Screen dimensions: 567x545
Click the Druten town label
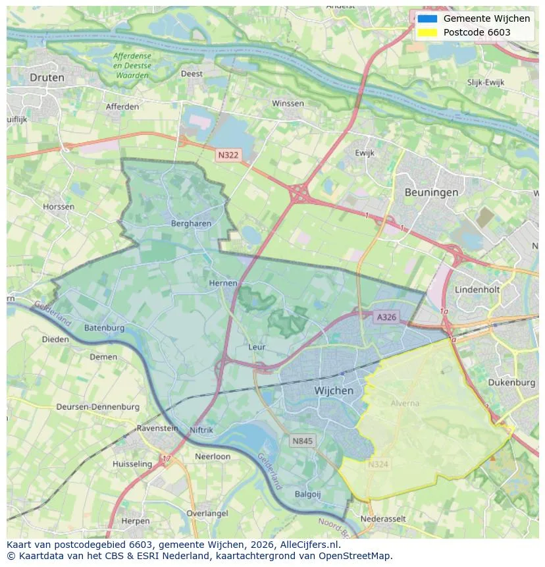coord(47,78)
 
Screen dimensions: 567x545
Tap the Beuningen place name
coord(431,192)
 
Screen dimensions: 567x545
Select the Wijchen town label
coord(334,391)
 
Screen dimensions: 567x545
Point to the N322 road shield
coord(228,155)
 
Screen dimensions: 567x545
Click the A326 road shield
coord(386,317)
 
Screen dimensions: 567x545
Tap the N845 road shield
coord(302,441)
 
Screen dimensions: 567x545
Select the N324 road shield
coord(378,464)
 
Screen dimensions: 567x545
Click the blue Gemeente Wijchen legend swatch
coord(427,19)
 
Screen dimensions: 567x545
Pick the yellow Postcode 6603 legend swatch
coord(427,32)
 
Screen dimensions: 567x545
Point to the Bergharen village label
coord(191,223)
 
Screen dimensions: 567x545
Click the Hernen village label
coord(222,283)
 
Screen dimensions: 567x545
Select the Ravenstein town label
coord(157,428)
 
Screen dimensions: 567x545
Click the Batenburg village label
coord(104,327)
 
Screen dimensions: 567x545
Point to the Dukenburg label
coord(512,382)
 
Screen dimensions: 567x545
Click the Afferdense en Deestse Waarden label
coord(132,66)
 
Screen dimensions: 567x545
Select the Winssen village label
coord(288,103)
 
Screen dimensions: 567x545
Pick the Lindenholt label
coord(477,289)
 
